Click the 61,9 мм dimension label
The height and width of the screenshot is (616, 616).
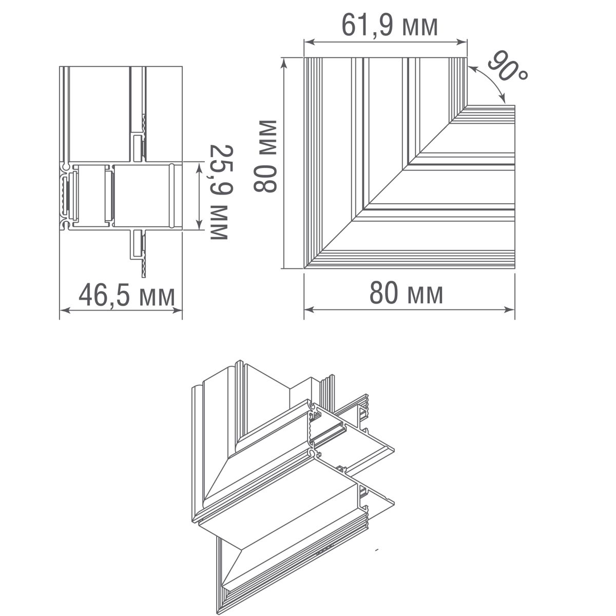coord(390,26)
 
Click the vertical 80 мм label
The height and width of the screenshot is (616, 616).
coord(266,156)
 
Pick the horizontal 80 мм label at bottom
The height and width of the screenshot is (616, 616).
coord(406,294)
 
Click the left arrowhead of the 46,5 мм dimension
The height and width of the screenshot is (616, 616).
coord(64,310)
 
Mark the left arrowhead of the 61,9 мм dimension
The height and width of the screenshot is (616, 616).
coord(307,42)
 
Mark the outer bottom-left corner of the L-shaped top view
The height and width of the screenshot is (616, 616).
coord(304,268)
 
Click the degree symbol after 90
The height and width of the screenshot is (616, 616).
coord(522,75)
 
